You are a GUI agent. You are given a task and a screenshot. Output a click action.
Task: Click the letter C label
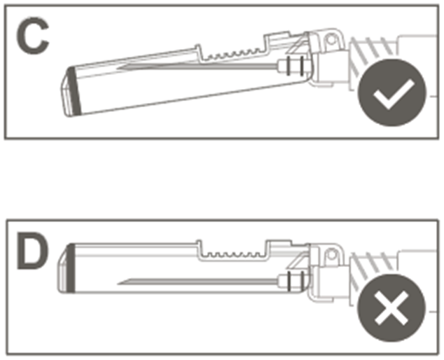[x=32, y=36]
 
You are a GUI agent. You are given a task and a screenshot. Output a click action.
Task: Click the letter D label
[x=32, y=251]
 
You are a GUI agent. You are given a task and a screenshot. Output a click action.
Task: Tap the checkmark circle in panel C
[x=391, y=92]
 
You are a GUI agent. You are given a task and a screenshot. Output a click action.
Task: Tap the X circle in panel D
[x=391, y=307]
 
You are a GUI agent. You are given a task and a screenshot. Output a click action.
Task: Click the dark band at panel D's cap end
[x=71, y=268]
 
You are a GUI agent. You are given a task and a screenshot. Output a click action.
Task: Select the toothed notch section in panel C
[x=233, y=53]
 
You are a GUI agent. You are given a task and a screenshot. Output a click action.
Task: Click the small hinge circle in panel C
[x=331, y=40]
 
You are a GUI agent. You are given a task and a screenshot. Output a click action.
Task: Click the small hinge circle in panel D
[x=331, y=255]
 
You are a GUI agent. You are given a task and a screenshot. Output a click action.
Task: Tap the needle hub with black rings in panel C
[x=293, y=66]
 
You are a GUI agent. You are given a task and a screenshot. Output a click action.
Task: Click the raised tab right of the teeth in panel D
[x=279, y=244]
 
